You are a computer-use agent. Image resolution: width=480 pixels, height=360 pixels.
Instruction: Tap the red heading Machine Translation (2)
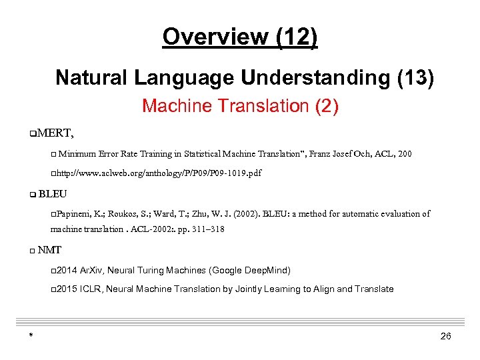(240, 106)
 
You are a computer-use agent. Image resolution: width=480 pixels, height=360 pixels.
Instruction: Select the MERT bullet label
(55, 133)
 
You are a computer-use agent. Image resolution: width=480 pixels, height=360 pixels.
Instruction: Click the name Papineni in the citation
(73, 214)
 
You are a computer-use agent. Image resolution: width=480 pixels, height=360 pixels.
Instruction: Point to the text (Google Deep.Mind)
(250, 271)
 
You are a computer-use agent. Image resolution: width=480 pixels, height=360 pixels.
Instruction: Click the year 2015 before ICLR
(67, 289)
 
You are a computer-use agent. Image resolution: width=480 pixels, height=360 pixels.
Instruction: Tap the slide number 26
(446, 337)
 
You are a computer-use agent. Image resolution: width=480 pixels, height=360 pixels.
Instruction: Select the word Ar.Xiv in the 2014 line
(91, 271)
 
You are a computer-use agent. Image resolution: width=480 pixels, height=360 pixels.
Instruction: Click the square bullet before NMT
(33, 251)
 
